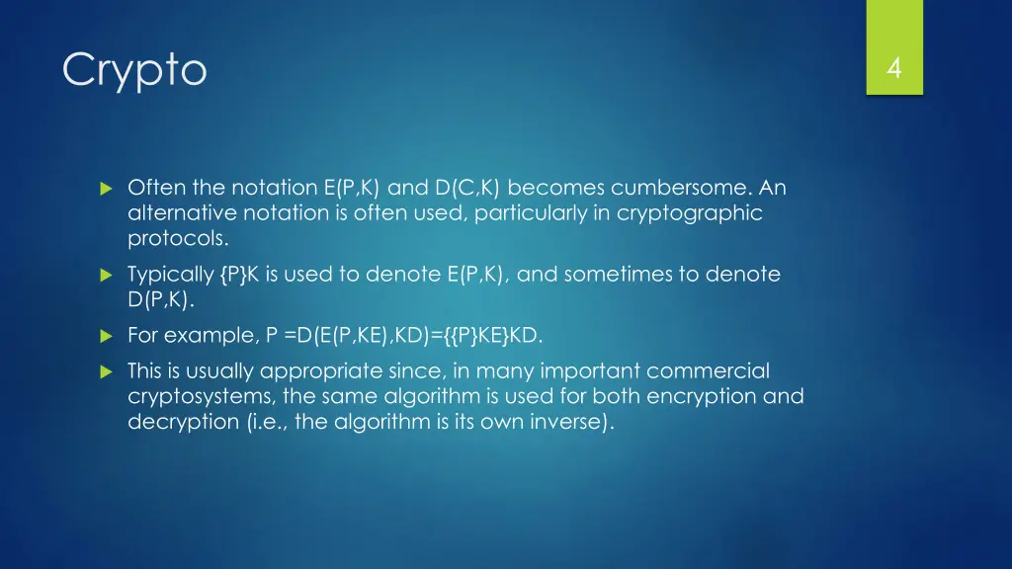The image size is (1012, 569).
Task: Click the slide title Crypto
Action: tap(134, 70)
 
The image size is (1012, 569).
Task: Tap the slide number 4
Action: tap(893, 68)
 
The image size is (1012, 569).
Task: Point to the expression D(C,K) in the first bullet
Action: tap(467, 188)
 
